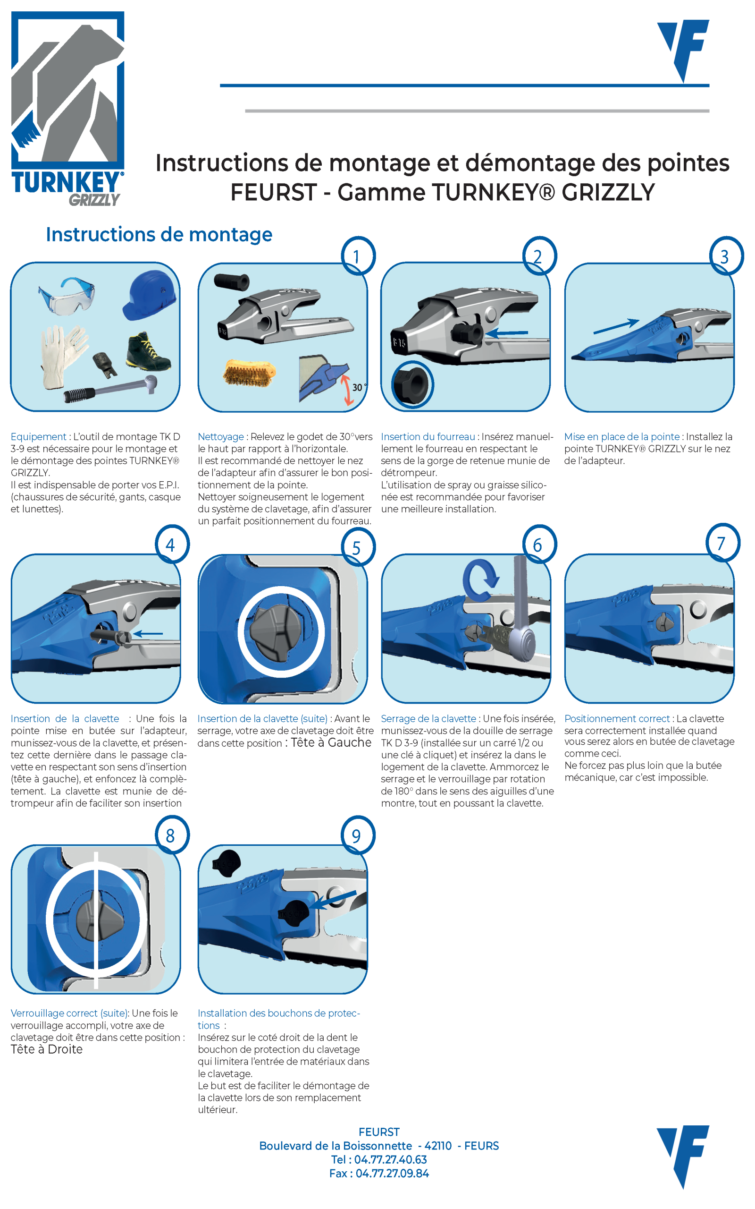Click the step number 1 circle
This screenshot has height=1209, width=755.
[358, 256]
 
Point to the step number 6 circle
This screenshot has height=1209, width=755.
[539, 544]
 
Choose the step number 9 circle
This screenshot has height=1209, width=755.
[358, 835]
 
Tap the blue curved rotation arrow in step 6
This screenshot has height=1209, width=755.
[480, 579]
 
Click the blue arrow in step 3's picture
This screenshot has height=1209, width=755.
[616, 326]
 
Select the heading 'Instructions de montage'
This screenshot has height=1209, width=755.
[159, 234]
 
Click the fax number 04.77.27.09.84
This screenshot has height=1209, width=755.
[392, 1174]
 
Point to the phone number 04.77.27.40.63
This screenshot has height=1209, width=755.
[391, 1159]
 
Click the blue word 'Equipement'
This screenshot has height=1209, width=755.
[38, 437]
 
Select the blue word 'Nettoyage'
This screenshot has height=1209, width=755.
[221, 437]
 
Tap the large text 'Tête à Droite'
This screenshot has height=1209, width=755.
[46, 1049]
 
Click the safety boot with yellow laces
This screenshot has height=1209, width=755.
[148, 351]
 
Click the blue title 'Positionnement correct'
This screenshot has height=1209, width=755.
[617, 718]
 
